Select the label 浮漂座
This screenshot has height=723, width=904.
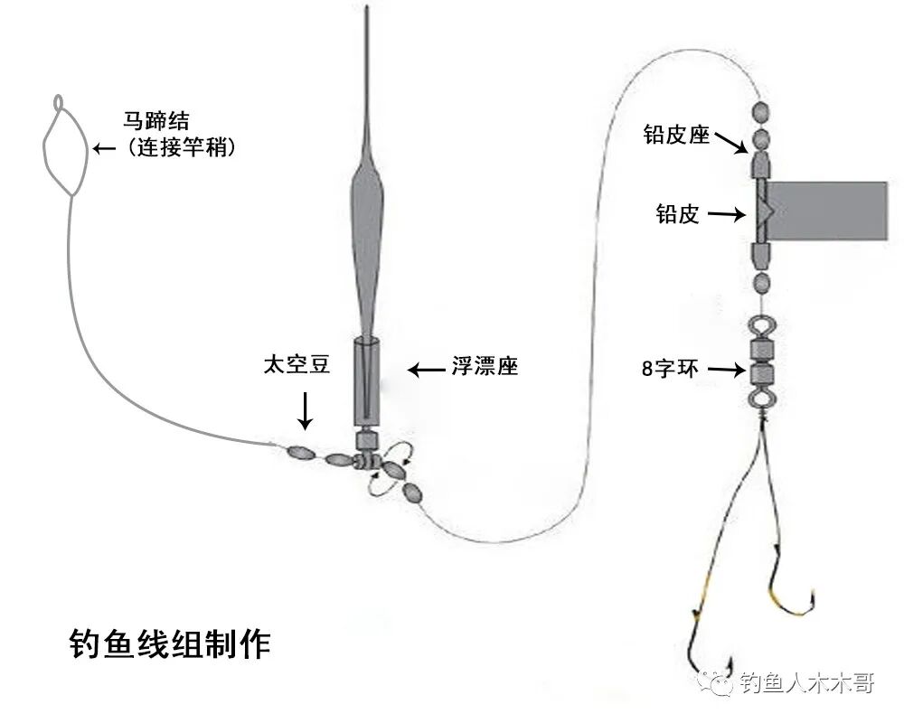tap(485, 367)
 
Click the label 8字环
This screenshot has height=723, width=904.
tap(667, 369)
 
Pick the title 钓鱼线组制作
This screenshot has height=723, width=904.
tap(170, 643)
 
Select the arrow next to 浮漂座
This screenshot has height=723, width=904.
tap(425, 369)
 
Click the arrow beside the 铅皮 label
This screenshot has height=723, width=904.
tap(725, 214)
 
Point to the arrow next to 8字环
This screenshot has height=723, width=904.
tap(723, 369)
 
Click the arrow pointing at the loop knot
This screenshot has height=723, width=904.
tap(104, 146)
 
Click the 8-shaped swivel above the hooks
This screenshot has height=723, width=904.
tap(760, 361)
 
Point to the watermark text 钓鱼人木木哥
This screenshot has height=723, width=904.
tap(806, 683)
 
